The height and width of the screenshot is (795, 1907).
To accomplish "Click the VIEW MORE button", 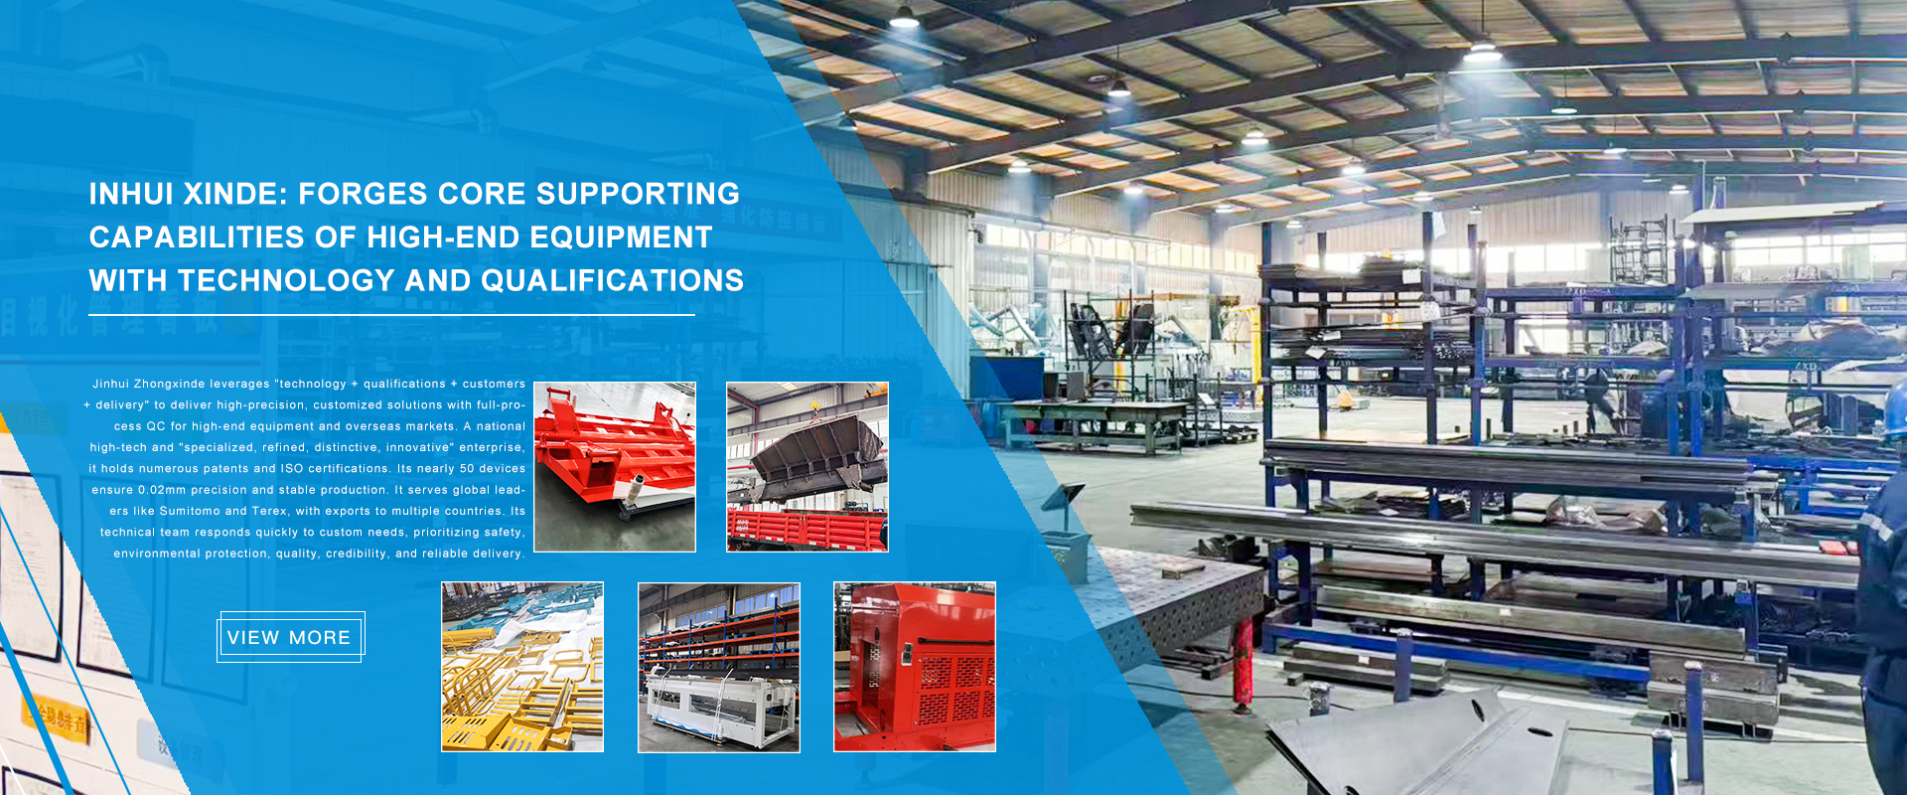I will [x=290, y=637].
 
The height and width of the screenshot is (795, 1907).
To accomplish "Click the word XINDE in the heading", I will [x=236, y=194].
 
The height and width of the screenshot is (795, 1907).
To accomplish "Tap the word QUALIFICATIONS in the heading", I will [x=612, y=281].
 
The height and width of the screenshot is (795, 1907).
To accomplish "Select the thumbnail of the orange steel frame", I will [x=615, y=466].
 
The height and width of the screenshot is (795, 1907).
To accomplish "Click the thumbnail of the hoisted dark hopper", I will [x=807, y=466].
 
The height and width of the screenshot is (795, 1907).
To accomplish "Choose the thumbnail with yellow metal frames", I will [x=522, y=667].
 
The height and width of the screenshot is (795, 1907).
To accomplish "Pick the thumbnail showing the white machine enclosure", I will [x=718, y=667].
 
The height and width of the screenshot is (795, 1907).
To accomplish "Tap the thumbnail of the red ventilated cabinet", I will [x=914, y=667].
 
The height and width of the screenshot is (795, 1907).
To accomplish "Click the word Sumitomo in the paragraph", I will [x=190, y=511].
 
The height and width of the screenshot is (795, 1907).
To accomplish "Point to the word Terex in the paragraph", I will [x=269, y=511].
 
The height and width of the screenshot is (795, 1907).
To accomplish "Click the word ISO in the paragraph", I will [x=292, y=468].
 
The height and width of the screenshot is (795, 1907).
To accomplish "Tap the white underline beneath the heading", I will [x=391, y=315].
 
